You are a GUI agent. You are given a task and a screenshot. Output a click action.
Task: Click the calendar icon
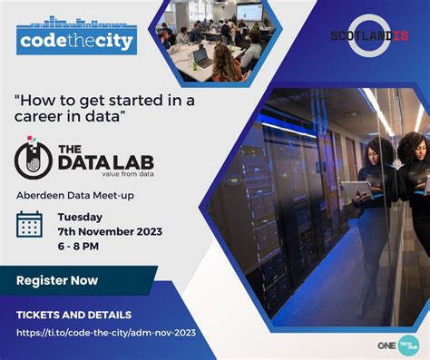tap(29, 224)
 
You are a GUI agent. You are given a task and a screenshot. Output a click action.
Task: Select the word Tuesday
tap(80, 217)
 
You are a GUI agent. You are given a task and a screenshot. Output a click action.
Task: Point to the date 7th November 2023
tap(110, 231)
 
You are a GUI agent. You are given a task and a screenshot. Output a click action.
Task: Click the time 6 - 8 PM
tap(81, 246)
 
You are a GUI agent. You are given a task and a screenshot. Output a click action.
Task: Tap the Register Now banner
tap(57, 280)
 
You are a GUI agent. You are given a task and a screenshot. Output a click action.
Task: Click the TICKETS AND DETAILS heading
tap(74, 315)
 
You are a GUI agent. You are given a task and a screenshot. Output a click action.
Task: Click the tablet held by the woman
tap(357, 189)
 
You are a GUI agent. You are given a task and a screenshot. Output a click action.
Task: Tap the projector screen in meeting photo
tap(249, 13)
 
